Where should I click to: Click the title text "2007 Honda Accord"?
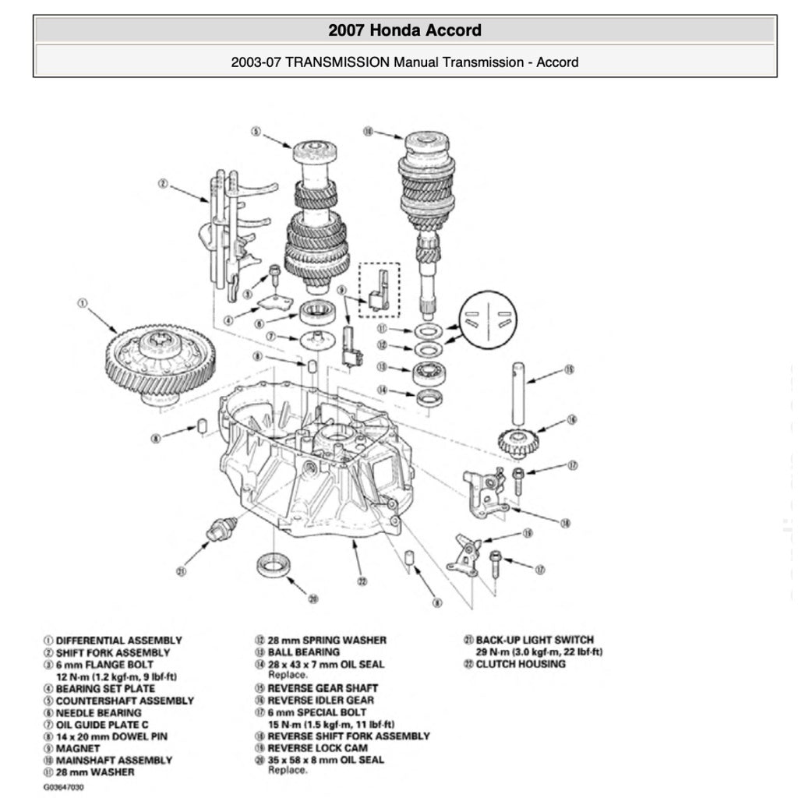(x=404, y=30)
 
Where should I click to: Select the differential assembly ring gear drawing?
(x=160, y=360)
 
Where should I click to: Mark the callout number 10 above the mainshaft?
(x=368, y=132)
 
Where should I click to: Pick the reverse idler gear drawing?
(x=518, y=442)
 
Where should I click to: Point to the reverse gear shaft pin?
(x=518, y=394)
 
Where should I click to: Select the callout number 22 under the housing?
(x=362, y=580)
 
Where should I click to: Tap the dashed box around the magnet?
(x=379, y=289)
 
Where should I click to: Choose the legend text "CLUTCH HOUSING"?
(x=521, y=664)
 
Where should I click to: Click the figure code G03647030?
(x=63, y=787)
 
